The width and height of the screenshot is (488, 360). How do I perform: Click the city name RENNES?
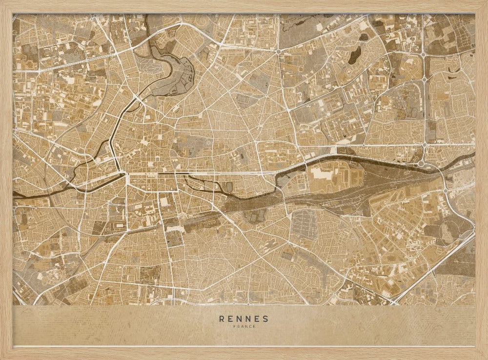(x=244, y=319)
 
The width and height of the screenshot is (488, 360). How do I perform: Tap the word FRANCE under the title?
(x=244, y=327)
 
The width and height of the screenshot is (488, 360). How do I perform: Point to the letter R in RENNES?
(x=222, y=319)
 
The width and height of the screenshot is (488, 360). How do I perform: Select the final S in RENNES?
(x=265, y=319)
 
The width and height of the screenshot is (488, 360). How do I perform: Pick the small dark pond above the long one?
(x=364, y=37)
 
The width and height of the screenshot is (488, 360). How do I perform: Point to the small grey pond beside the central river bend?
(x=229, y=187)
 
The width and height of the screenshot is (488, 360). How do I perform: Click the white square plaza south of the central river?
(x=164, y=201)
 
